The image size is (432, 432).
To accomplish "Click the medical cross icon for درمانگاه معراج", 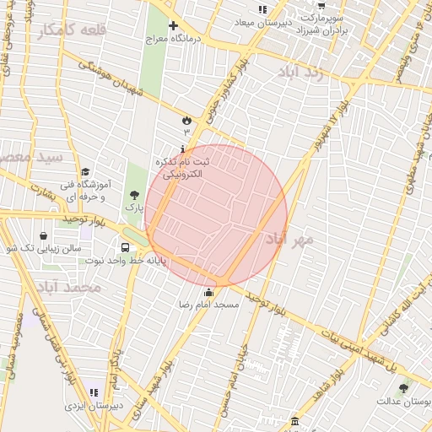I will (x=174, y=26).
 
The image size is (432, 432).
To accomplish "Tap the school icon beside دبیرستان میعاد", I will (x=262, y=9).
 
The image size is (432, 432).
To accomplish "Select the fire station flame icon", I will (x=186, y=121).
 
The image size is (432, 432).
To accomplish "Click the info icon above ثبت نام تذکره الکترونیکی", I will (x=184, y=148).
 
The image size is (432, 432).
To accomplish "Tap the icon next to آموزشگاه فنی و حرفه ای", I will (x=84, y=172).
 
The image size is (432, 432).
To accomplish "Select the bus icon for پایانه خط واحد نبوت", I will (x=126, y=248).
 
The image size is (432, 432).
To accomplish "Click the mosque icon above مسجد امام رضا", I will (x=209, y=292).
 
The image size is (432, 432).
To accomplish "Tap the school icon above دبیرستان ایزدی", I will (x=93, y=393).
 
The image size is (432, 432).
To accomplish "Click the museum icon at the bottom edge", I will (x=294, y=421).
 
